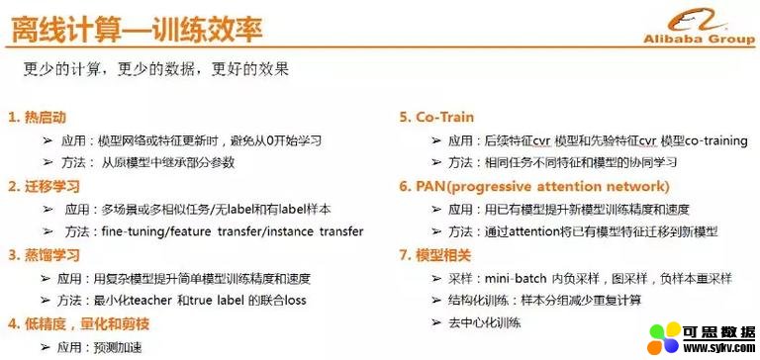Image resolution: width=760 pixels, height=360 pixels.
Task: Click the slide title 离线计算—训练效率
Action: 137,29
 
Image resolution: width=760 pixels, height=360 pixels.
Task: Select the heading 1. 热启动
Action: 37,118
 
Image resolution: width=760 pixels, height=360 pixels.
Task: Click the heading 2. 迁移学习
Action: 44,186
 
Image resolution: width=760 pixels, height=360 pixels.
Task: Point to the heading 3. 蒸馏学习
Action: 44,255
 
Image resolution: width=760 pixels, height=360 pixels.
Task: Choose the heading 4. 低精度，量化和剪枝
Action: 78,323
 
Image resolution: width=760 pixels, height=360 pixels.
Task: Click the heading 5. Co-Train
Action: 436,118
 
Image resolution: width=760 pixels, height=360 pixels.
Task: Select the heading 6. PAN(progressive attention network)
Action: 534,187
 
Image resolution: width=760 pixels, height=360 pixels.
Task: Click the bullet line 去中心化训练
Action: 485,322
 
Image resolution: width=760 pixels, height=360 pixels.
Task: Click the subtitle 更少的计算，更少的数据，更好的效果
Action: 155,70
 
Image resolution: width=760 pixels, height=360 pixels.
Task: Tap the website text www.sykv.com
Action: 718,348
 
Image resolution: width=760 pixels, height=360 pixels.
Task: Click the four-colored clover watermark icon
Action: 664,338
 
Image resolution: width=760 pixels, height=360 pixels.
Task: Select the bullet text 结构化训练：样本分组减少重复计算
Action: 545,301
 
